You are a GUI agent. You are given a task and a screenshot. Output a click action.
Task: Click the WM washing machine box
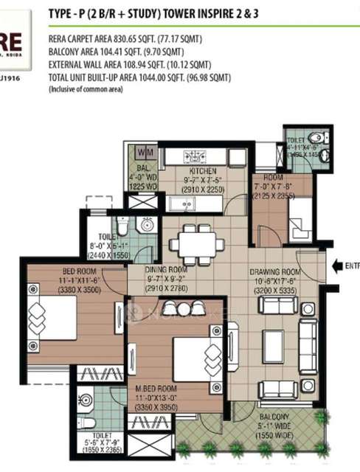click(143, 152)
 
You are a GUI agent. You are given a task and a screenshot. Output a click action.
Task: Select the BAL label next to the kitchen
click(141, 167)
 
